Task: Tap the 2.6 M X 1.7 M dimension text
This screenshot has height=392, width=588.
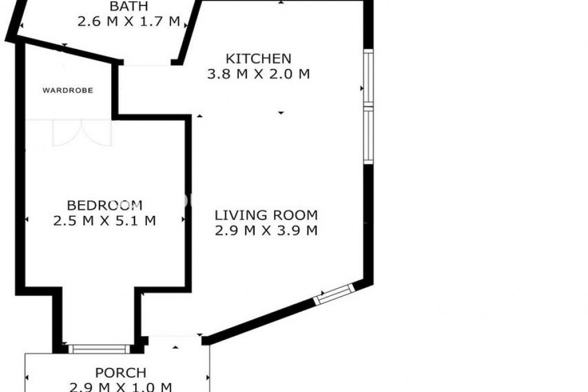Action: (129, 21)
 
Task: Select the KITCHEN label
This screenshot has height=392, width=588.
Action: (258, 59)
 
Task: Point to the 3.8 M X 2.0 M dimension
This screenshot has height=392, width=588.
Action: (258, 74)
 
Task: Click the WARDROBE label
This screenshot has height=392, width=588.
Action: (68, 91)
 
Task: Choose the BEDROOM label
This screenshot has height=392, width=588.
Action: (105, 205)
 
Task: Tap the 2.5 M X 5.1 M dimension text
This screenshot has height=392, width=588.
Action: (105, 220)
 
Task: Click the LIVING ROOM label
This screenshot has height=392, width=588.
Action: (266, 215)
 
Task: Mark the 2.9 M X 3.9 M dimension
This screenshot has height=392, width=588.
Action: (266, 230)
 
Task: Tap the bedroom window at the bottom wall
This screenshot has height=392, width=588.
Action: (99, 349)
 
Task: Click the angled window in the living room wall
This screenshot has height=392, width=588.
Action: (334, 294)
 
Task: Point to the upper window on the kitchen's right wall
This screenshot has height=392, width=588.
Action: (369, 77)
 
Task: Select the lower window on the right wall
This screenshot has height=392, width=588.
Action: (369, 135)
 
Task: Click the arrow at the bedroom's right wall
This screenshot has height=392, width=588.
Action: (183, 220)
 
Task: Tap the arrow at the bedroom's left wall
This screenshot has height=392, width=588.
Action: (26, 220)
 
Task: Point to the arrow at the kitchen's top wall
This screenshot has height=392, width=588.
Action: (281, 2)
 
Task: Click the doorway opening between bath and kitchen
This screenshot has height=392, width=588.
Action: (148, 63)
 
